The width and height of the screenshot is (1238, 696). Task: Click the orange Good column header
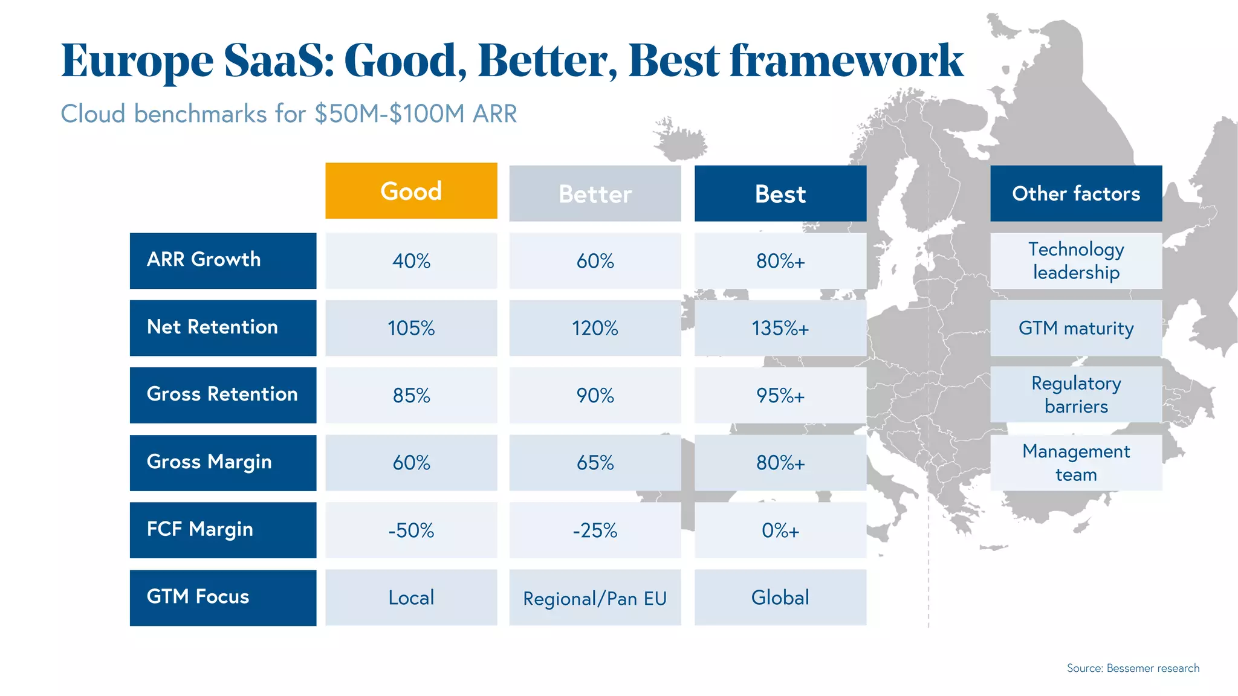411,191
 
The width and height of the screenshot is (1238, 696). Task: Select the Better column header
595,194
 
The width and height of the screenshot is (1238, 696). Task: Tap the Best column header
780,194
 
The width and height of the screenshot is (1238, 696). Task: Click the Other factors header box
1075,193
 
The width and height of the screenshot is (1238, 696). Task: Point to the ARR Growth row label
222,260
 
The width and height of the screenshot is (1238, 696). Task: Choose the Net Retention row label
222,327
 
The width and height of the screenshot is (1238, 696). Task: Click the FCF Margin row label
222,529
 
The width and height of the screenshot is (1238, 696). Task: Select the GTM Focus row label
222,597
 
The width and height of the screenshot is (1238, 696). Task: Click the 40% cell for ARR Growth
411,261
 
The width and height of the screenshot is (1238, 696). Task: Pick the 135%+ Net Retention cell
780,328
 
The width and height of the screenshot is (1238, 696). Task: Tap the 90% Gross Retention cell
595,395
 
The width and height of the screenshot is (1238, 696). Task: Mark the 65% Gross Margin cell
595,463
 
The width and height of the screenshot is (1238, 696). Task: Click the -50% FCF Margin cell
411,530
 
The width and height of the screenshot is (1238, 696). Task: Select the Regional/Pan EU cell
595,598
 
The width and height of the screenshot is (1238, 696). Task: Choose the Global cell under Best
780,598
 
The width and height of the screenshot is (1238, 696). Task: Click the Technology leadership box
1075,261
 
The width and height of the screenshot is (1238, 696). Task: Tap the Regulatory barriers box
1075,395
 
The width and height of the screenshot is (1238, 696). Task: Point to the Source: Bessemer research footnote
1132,668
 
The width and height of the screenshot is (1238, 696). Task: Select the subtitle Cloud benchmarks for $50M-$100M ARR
289,114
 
